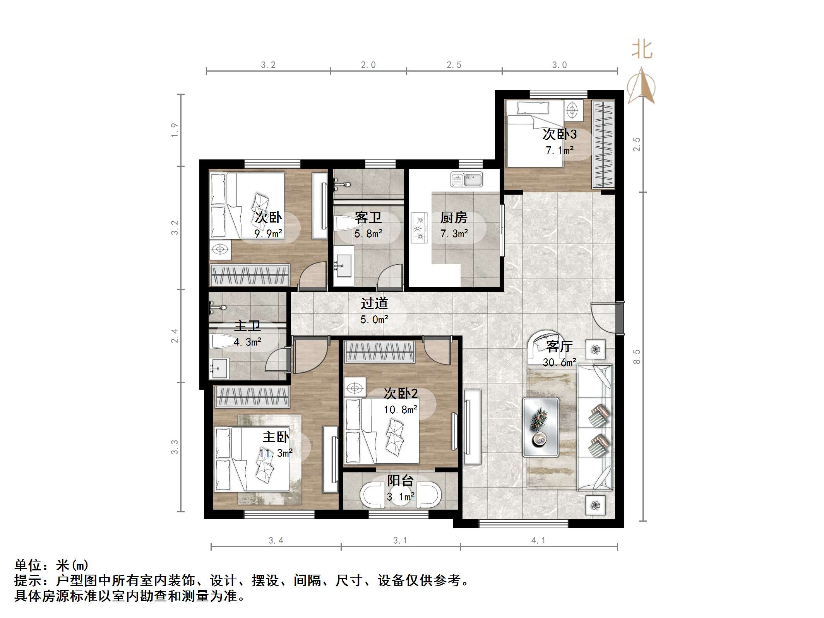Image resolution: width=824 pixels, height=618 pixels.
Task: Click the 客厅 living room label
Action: tap(559, 346)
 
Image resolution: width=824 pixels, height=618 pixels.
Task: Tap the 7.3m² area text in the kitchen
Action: tap(454, 234)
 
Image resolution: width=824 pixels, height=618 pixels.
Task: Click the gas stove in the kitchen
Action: tap(419, 228)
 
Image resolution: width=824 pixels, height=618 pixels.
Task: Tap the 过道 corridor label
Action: tap(374, 303)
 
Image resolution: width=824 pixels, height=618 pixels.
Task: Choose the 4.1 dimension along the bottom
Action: tap(538, 541)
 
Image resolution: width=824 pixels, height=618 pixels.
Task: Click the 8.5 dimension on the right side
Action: tap(637, 356)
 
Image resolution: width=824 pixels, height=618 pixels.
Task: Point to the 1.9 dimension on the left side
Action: tap(175, 130)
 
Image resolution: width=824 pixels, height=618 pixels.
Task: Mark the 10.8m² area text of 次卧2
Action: tap(400, 409)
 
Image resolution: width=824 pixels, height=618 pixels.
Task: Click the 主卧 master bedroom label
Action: tap(276, 437)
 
